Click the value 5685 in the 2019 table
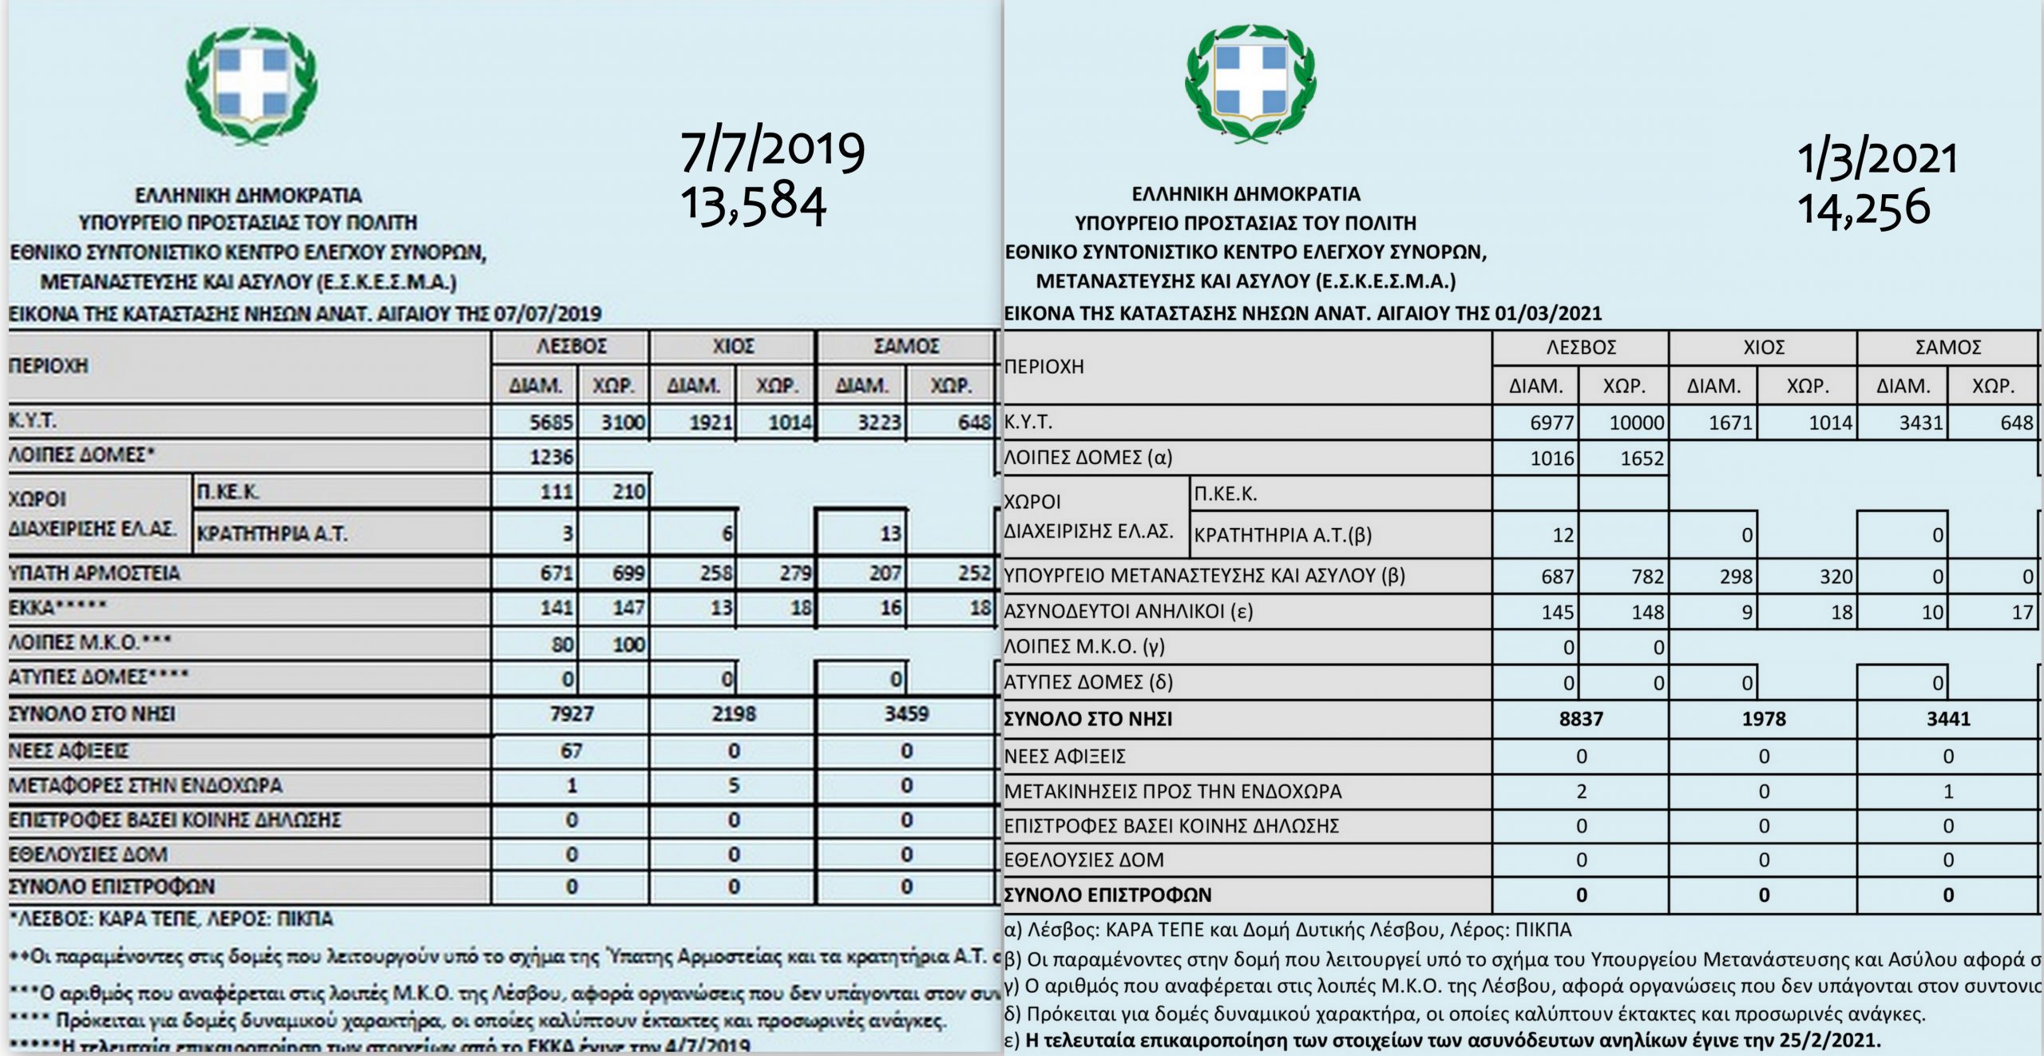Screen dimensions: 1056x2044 pos(551,422)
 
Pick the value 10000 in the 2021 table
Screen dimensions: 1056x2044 pos(1636,423)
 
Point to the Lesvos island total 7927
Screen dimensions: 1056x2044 pos(571,713)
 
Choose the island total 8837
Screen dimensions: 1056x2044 pos(1580,719)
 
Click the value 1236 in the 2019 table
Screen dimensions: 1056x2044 pos(551,456)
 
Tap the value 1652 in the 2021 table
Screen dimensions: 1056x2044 pos(1642,459)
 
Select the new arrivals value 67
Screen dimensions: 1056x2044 pos(571,751)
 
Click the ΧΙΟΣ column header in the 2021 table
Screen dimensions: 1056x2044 pos(1763,347)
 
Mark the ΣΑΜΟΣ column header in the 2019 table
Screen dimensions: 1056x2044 pos(906,347)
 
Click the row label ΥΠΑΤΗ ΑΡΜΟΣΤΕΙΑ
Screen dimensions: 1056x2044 pos(94,573)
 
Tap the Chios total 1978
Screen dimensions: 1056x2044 pos(1763,719)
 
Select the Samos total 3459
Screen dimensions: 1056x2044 pos(906,713)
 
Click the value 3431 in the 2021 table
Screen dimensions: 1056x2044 pos(1920,423)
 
